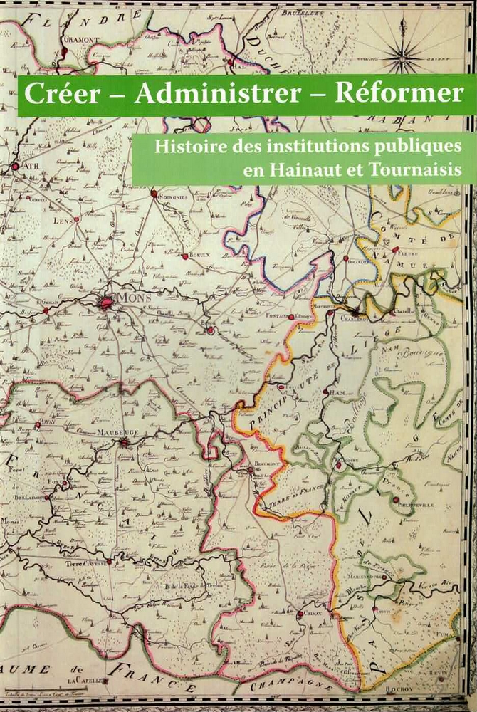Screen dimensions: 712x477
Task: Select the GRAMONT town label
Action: coord(79,40)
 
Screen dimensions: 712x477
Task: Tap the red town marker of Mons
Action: coord(107,303)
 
